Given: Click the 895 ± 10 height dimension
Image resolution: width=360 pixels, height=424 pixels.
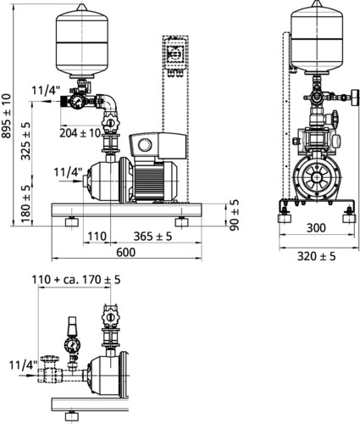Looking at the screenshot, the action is coord(6,116).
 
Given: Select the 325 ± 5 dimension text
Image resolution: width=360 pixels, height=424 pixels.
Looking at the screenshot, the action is coord(25,142).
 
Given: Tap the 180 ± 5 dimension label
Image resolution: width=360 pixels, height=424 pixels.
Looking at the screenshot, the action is coord(25,204).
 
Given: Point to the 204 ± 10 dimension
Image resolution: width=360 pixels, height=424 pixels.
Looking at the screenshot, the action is coord(80,133).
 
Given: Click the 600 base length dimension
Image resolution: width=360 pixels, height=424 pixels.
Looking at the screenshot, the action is coord(126,252).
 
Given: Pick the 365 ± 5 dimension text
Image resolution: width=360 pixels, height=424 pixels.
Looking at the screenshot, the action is coord(152,237).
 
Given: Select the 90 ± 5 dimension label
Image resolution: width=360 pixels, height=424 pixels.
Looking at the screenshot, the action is coord(234,215).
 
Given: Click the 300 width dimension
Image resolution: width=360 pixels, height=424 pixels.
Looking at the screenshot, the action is coord(316,228).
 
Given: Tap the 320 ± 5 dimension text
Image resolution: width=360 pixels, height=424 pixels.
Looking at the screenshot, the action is coord(317,256).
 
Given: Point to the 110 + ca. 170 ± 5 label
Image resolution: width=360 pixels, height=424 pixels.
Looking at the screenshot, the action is coord(76,280).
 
